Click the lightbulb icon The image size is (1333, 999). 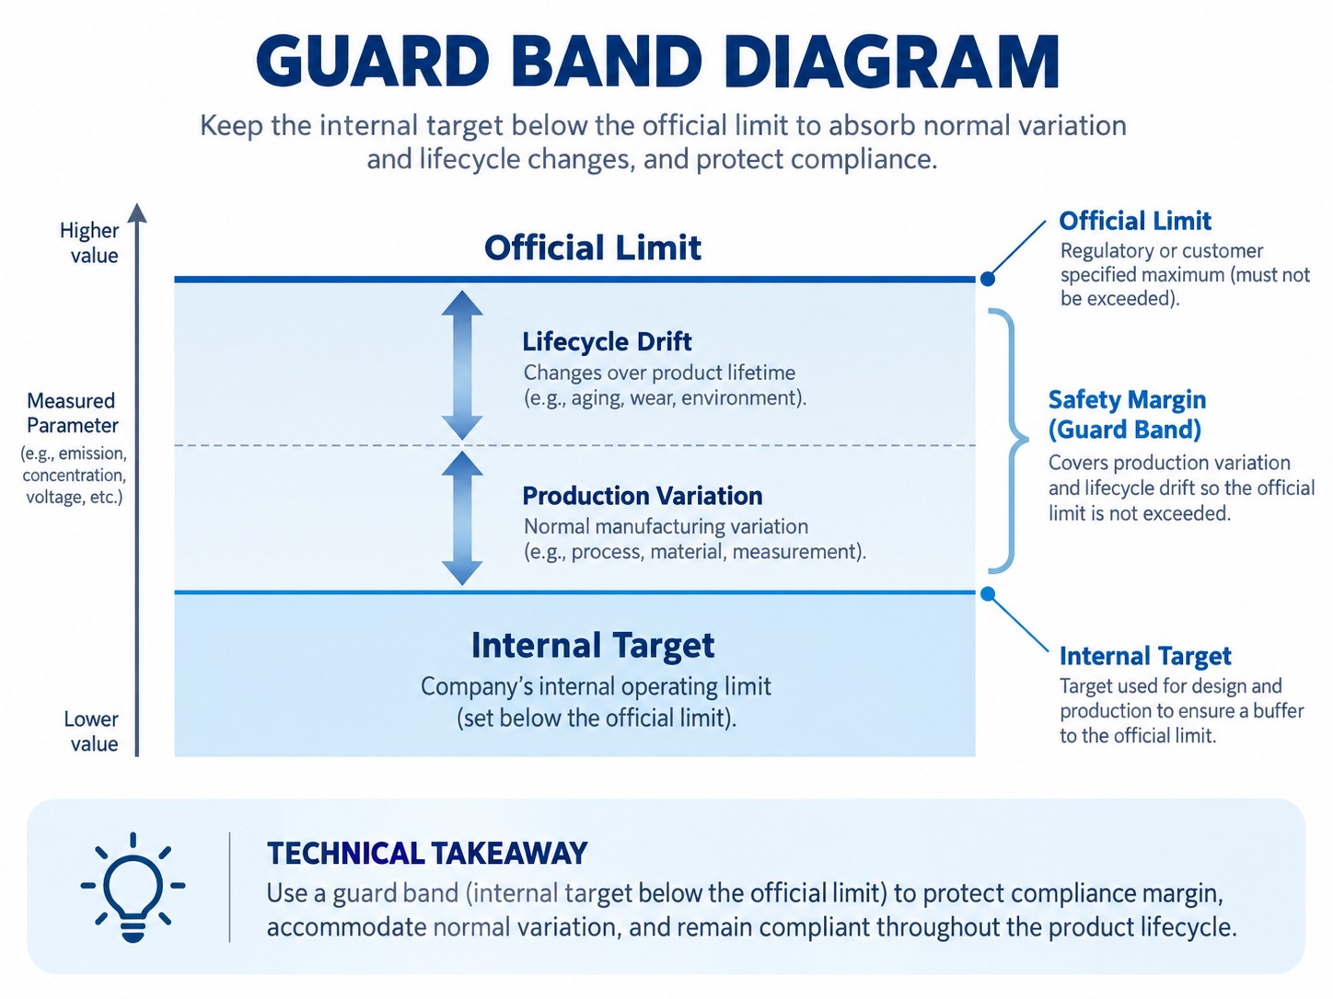133,887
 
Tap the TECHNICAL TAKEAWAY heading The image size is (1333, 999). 427,854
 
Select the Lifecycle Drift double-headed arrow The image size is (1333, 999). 462,365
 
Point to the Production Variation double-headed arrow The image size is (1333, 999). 462,519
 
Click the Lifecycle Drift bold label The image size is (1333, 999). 607,341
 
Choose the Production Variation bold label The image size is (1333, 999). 642,496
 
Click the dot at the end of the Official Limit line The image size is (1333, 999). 988,279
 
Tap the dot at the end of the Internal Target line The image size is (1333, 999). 988,593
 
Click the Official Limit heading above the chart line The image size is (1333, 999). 593,247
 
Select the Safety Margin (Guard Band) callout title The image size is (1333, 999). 1127,414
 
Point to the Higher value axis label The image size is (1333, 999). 88,243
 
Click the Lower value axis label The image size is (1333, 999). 91,731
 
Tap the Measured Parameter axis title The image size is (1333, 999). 72,413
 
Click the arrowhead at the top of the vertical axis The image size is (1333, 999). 137,212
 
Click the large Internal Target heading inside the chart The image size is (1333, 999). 593,645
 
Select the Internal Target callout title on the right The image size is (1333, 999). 1145,656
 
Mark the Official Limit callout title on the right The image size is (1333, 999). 1135,221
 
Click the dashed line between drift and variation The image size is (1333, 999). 574,446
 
